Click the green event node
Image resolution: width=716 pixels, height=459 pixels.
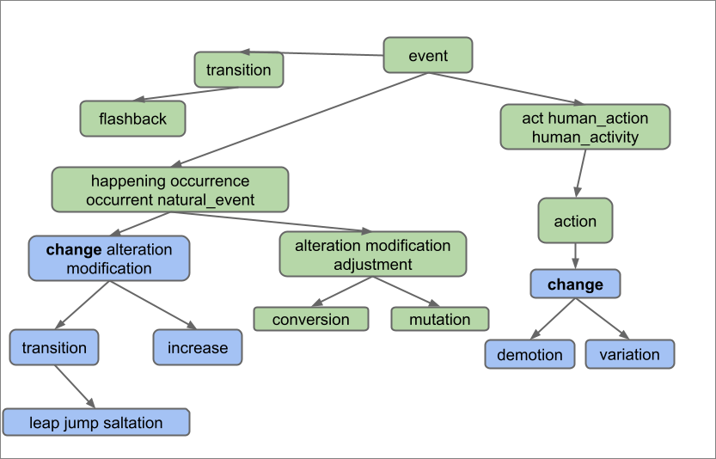[427, 55]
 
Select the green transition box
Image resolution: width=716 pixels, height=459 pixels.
[239, 70]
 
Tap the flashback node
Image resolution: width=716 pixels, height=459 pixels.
[132, 119]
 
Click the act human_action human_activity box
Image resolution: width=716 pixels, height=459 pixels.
[584, 126]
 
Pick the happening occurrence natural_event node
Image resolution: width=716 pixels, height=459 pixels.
[169, 190]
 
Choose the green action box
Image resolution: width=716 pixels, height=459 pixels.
[575, 221]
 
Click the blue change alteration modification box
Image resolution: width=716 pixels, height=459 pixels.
[108, 259]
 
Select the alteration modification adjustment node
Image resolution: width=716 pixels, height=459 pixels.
[372, 254]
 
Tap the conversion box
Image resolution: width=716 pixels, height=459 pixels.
[310, 319]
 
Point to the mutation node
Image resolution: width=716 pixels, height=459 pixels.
[439, 319]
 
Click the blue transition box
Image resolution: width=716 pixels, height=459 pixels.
[54, 347]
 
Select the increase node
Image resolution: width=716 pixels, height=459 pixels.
[198, 347]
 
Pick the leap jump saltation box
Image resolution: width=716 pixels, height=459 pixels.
[95, 422]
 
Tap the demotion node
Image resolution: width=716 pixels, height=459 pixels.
[529, 354]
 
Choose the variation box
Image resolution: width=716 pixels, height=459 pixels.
[629, 354]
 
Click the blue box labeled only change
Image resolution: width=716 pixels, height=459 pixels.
[575, 284]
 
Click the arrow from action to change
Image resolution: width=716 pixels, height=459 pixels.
[575, 255]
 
